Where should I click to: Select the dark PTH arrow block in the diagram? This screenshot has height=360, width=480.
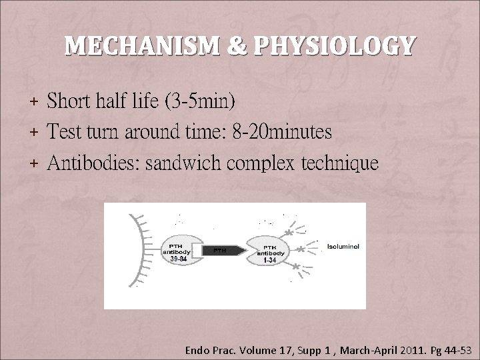pyautogui.click(x=220, y=251)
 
